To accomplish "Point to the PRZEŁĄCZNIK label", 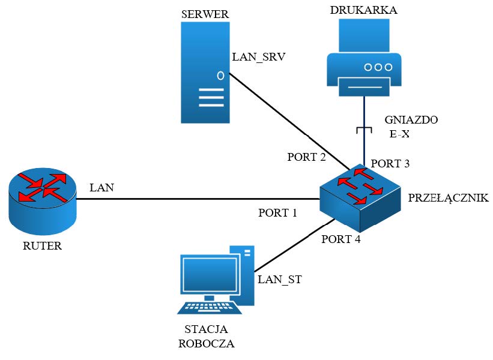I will (x=449, y=198).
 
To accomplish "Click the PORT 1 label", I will (x=278, y=213).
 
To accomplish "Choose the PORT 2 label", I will (x=306, y=157).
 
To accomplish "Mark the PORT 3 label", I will (x=390, y=163).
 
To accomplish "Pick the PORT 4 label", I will (x=341, y=239).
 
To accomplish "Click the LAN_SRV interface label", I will (x=259, y=58).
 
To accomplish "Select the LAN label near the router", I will (x=101, y=188).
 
